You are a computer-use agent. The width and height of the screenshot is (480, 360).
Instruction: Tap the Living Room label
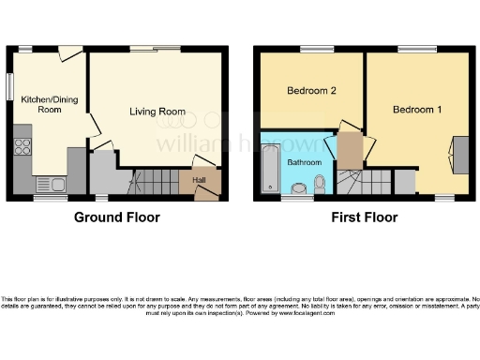pos(157,112)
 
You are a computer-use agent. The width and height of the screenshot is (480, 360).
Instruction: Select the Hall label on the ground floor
pos(200,180)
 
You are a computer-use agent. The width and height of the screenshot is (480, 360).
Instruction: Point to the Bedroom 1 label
pos(417,110)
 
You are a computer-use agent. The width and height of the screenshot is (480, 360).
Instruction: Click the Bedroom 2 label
pos(310,91)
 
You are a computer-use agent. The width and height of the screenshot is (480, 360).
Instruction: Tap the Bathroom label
pos(305,162)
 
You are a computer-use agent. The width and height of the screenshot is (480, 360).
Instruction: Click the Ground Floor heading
pos(117,217)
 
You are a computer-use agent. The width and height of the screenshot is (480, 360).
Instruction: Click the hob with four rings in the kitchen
pos(22,146)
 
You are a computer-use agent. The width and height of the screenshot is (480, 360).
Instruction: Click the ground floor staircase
pos(155,180)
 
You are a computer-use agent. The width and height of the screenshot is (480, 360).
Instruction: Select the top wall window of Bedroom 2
pos(310,48)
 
